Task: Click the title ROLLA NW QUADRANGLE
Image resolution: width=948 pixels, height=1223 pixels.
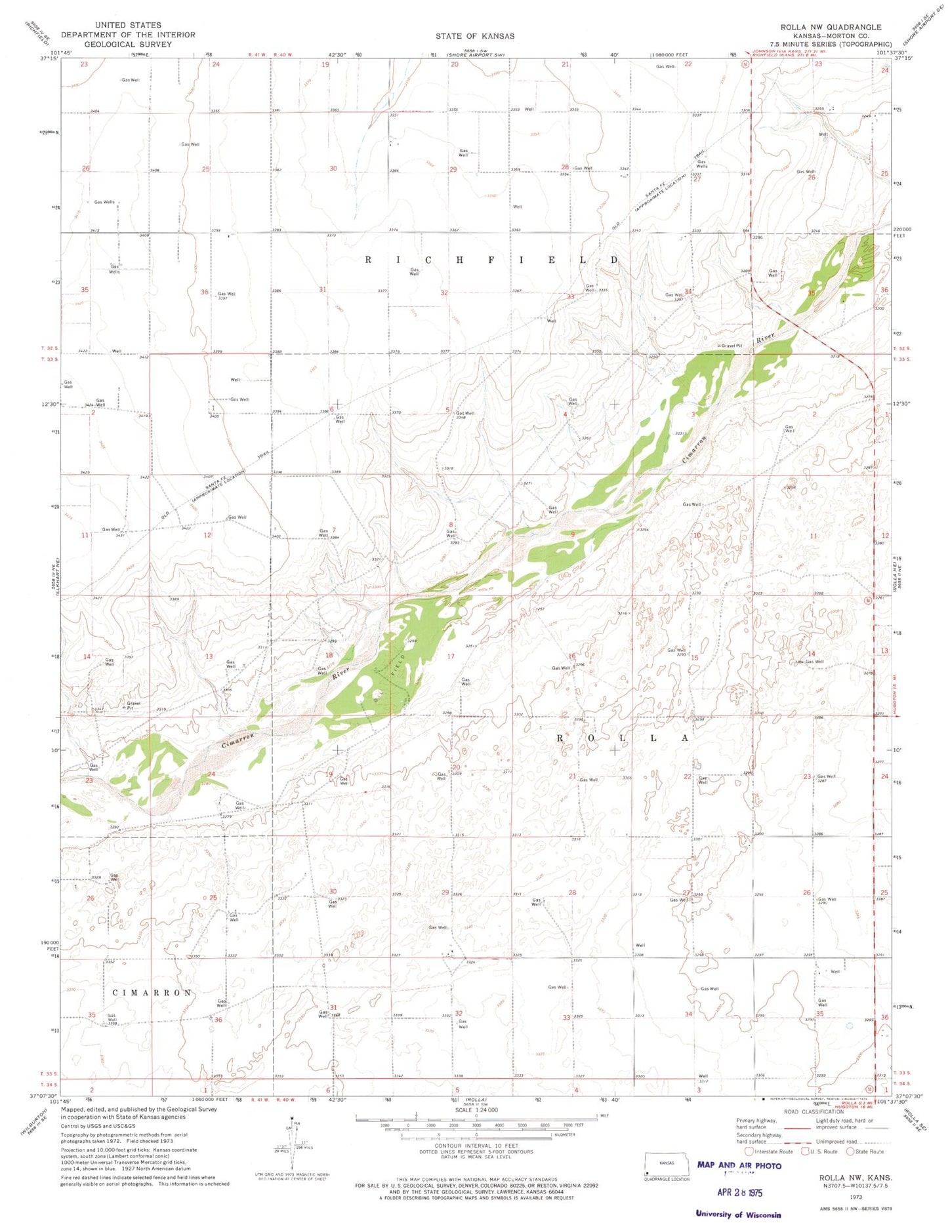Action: click(x=831, y=27)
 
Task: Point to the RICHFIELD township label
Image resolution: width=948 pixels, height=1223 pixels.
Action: click(x=491, y=260)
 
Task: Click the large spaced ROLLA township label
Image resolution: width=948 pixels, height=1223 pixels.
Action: click(x=623, y=738)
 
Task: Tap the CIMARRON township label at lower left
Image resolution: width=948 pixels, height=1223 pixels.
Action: click(x=152, y=993)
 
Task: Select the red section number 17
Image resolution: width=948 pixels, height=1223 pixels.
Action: click(x=451, y=656)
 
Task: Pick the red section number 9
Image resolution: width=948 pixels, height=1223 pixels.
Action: click(x=573, y=534)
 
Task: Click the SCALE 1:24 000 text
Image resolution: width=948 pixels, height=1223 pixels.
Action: click(x=476, y=1110)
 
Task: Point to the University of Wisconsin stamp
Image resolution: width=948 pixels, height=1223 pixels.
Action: click(x=738, y=1214)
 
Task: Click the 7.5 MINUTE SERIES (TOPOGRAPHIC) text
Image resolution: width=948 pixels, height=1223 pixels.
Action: click(x=831, y=44)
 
